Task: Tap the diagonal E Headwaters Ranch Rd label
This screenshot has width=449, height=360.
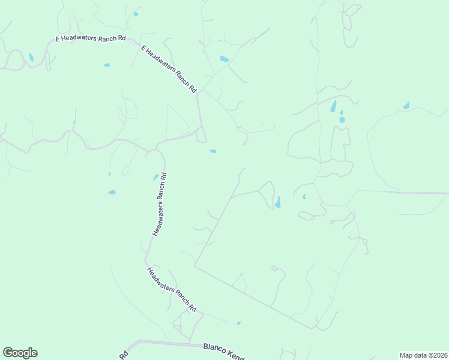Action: (x=169, y=68)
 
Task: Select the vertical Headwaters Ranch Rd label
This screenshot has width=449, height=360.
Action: (x=159, y=204)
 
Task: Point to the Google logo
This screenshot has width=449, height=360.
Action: (x=20, y=353)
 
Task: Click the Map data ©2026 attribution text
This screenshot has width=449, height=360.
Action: (x=423, y=355)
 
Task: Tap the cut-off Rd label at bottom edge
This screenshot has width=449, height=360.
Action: (x=124, y=355)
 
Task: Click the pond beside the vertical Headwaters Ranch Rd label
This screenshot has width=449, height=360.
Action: (x=155, y=177)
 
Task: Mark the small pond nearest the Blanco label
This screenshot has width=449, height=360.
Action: (x=239, y=323)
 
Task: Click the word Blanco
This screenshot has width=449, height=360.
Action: (x=215, y=348)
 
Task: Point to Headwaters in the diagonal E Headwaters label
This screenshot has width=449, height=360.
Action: (x=162, y=62)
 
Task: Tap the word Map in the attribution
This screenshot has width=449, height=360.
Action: (x=406, y=355)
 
